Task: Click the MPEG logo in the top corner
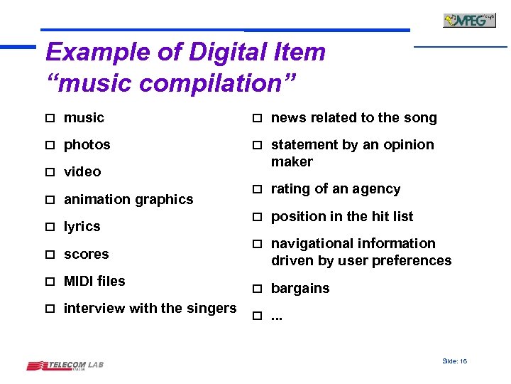pos(469,20)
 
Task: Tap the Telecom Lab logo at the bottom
pos(65,366)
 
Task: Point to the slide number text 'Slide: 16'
pos(454,361)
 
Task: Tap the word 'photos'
pos(87,145)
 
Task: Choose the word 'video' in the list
pos(82,172)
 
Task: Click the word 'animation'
pos(96,200)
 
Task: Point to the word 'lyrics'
pos(82,227)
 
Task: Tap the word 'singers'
pos(211,309)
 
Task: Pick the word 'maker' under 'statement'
pos(292,162)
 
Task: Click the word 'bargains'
pos(300,289)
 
